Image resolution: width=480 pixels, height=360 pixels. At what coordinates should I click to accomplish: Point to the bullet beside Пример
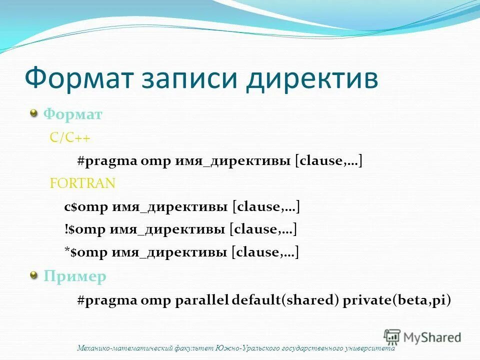coord(34,275)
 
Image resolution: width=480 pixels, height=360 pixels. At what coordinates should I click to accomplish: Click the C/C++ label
coord(70,138)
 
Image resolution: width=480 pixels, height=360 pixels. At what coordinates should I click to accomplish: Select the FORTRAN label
coord(82,183)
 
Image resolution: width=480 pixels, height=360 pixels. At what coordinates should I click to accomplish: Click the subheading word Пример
coord(75,276)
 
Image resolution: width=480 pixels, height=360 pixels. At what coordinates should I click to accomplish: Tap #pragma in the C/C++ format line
coord(106,161)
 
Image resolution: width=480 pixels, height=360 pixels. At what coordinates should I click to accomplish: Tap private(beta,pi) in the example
coord(396,300)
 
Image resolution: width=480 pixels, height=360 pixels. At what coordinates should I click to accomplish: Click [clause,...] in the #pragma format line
coord(328,161)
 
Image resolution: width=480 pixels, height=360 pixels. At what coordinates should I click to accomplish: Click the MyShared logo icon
coord(392,336)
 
